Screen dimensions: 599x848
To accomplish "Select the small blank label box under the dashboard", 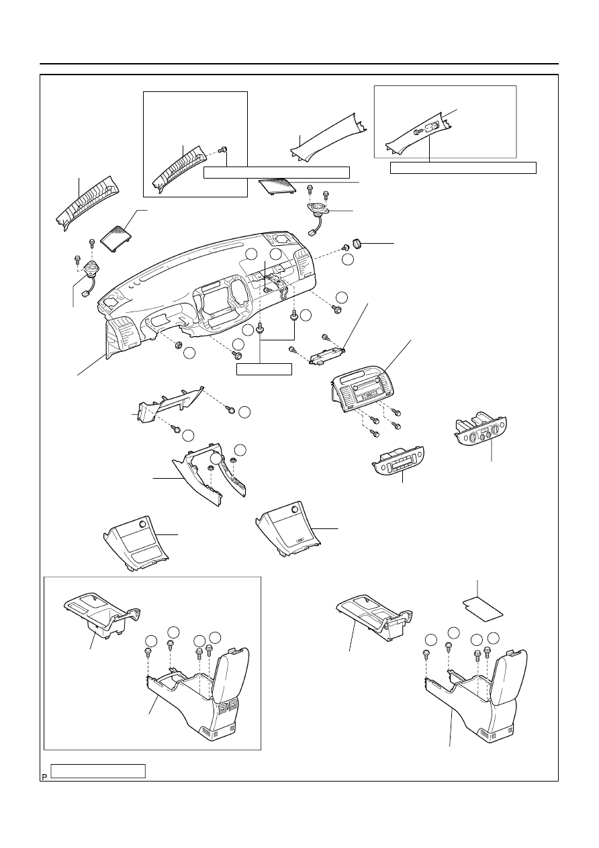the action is (x=264, y=369).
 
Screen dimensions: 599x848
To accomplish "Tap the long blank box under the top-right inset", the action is (x=463, y=168).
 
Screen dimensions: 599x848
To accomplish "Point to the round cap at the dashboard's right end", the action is (x=358, y=242).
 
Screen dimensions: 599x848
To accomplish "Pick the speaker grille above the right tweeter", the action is (x=278, y=186).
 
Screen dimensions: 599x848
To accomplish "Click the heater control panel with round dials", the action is (x=481, y=430).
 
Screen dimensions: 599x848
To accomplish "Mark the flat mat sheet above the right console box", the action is (x=483, y=610).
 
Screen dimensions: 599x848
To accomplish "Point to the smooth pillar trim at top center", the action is (x=328, y=138).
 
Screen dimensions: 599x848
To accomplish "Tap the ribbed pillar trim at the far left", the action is (x=87, y=203).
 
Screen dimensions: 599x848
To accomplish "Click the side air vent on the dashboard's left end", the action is (x=123, y=335).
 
